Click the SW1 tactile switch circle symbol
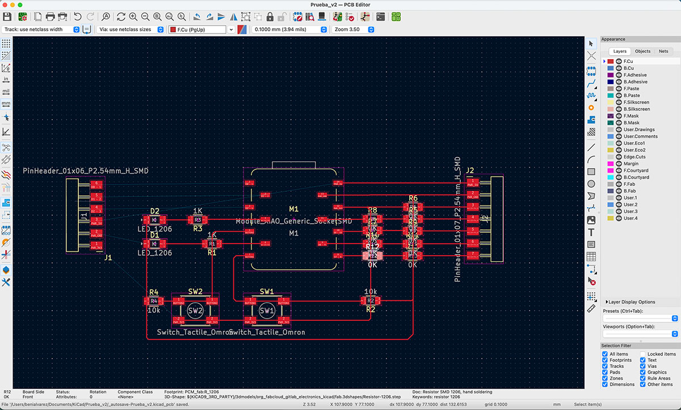[267, 311]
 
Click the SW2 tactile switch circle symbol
[195, 311]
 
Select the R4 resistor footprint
[154, 300]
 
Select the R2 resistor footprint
[371, 300]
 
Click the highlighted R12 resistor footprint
[372, 256]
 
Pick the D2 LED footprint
[154, 219]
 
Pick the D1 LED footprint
[154, 244]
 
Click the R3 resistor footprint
[197, 219]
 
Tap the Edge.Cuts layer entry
[634, 157]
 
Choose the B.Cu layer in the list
[628, 68]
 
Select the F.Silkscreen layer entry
[636, 102]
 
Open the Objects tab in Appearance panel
[642, 51]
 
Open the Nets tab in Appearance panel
[663, 51]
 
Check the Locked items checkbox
[644, 354]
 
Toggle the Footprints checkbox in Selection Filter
[606, 360]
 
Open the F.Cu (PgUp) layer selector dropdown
[201, 29]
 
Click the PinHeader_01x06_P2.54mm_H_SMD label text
[86, 170]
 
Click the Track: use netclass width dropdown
[41, 29]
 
